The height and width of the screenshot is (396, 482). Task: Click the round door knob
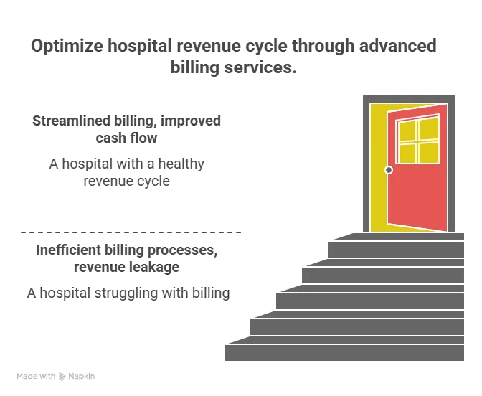coord(389,170)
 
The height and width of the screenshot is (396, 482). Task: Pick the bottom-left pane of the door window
coord(407,153)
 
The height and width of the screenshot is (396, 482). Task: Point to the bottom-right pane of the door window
coord(428,151)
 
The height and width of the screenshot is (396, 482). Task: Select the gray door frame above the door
coord(410,98)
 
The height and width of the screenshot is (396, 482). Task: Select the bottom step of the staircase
coord(344,352)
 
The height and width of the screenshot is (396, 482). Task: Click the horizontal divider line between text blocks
coord(129,232)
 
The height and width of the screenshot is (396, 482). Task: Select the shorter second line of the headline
coord(231,68)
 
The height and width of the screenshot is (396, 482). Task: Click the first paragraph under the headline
coord(126,127)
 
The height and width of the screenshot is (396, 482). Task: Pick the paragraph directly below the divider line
coord(126,260)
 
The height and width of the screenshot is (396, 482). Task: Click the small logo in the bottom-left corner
coord(57,377)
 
